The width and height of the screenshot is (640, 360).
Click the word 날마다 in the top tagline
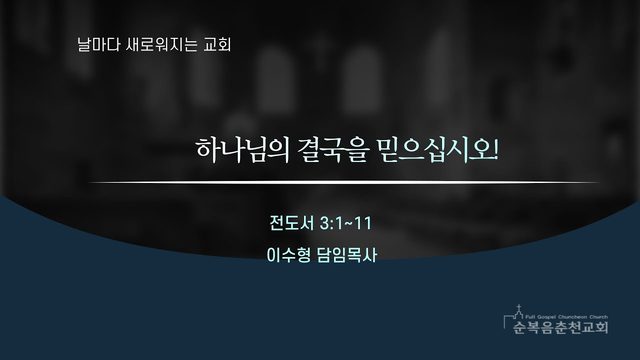pos(93,44)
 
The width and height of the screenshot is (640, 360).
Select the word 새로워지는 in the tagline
pos(156,44)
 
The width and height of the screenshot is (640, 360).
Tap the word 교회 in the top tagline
pos(217,44)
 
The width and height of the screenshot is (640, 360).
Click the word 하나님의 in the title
pos(242,150)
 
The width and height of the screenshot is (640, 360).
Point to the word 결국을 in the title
pos(333,150)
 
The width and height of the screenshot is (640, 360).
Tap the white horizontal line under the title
pos(343,182)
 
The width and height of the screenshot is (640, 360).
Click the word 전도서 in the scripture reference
pos(291,223)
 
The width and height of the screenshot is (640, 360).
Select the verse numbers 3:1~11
pos(346,223)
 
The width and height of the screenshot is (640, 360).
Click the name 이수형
pos(288,256)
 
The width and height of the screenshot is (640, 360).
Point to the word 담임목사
pos(347,256)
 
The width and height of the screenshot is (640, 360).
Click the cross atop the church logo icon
pos(518,307)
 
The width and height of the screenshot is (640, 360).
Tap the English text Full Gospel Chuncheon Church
pos(567,317)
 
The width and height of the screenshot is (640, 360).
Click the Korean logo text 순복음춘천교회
pos(561,327)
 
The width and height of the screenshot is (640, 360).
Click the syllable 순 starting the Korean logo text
pos(520,327)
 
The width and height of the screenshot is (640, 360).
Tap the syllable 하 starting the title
pos(208,150)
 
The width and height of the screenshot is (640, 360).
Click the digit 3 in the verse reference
pos(325,224)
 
